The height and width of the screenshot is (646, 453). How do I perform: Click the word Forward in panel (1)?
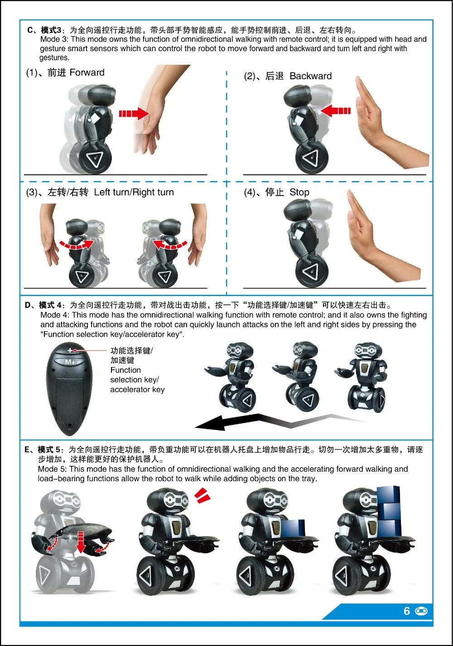(87, 72)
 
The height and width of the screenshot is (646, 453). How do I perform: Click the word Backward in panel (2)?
(310, 76)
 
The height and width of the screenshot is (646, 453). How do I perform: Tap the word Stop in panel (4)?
(299, 192)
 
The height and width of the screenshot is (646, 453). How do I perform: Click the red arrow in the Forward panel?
(134, 113)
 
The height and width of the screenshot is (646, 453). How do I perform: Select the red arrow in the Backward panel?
(336, 110)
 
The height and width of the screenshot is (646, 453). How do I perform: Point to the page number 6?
(407, 611)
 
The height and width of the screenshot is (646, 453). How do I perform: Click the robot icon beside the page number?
(421, 611)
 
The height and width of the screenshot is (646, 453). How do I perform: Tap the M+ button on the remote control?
(70, 362)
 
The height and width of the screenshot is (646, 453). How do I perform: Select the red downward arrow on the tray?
(81, 542)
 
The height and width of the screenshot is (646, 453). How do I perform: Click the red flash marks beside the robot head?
(202, 495)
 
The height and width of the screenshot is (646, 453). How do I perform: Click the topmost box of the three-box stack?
(388, 495)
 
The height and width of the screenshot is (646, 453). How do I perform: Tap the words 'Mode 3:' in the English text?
(54, 39)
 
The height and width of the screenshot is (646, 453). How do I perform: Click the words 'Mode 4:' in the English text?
(55, 315)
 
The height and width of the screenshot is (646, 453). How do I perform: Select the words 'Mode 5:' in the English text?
(52, 469)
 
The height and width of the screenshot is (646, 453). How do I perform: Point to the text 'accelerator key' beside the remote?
(137, 390)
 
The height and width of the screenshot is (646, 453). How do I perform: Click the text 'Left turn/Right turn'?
(134, 192)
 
